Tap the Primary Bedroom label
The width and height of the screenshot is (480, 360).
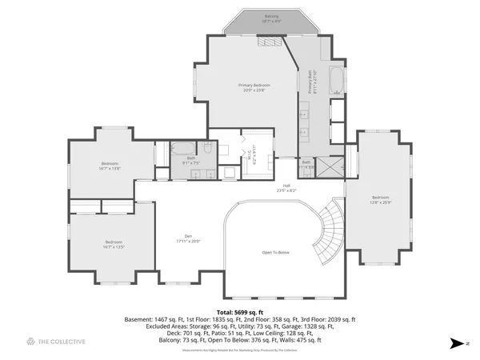coord(254,87)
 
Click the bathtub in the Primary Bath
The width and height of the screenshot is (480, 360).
coord(337,82)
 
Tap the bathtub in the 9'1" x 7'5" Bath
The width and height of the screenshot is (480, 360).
coord(182,147)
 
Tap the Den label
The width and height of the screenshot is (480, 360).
coord(189,238)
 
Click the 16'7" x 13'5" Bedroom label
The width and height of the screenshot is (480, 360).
coord(114,244)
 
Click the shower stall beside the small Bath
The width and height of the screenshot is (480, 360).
coord(329,166)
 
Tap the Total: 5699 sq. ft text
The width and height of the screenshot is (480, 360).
coord(239,311)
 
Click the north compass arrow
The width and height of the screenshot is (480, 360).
coord(457,342)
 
